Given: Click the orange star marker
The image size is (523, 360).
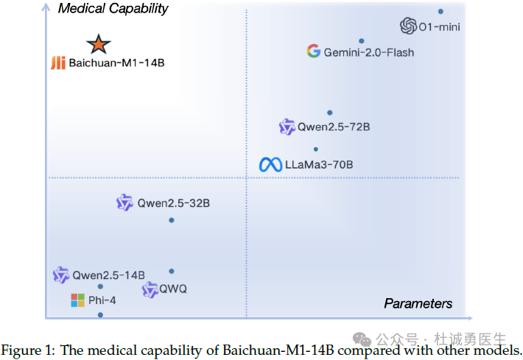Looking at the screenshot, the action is point(99,44).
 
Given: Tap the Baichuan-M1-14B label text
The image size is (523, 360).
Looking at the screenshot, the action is point(116,63).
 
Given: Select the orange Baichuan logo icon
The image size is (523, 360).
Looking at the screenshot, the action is point(58,63).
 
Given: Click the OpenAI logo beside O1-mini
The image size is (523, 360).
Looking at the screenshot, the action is point(408,26).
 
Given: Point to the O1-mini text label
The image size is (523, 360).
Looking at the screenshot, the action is point(439,27).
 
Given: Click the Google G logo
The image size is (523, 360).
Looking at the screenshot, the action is point(314,51).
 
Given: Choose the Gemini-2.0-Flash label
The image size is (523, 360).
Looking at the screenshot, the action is point(369,52).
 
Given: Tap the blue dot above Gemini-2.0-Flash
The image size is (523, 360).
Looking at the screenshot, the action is point(361,40).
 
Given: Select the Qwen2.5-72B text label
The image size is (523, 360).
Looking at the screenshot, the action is point(334,127).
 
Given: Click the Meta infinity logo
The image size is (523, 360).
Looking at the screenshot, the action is point(270,164).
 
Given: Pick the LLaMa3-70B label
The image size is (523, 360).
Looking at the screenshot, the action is point(319,164).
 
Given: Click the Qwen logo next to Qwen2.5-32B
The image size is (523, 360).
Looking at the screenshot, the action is point(124,202).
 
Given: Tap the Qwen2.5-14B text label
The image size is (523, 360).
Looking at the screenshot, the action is point(109,275).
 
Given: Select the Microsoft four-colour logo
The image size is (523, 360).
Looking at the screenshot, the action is point(78,300).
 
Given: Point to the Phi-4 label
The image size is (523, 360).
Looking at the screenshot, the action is point(102,300).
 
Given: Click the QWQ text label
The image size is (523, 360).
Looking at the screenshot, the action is point(173,289).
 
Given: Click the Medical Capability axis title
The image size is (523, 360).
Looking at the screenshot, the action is point(113,9).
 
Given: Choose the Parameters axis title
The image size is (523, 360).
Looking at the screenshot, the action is point(418,303).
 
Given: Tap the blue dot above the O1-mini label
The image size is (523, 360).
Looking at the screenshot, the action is point(440,11).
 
